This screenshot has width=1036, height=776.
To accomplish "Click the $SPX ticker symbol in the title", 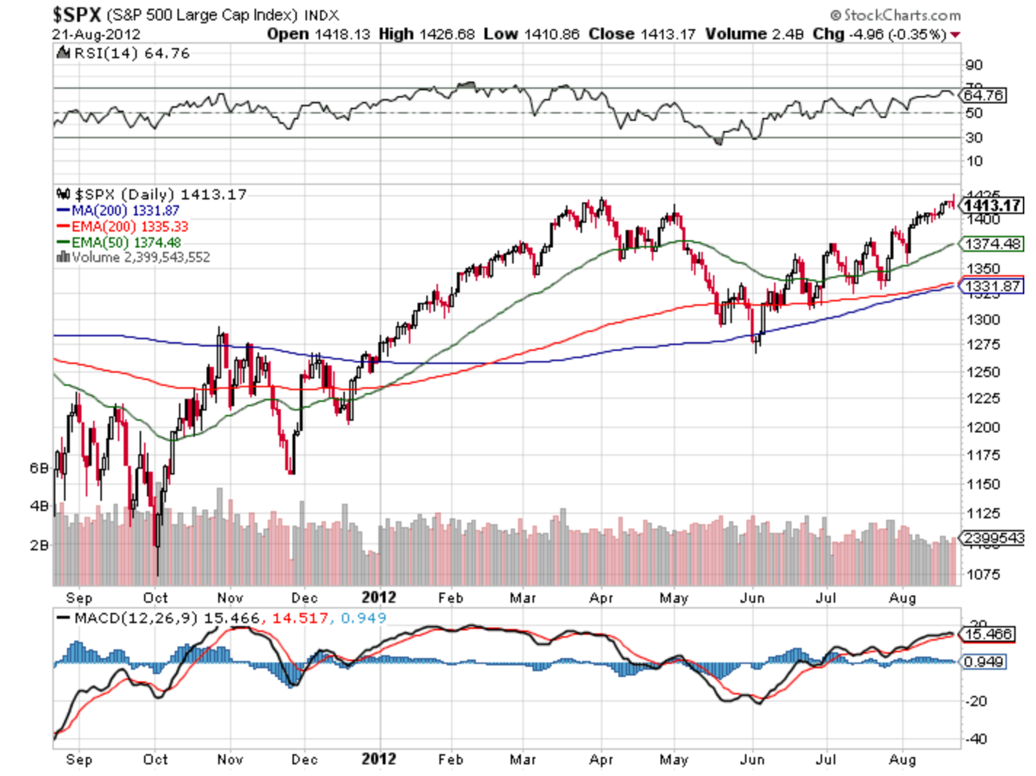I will pyautogui.click(x=76, y=15).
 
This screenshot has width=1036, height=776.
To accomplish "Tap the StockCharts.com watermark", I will pyautogui.click(x=901, y=15).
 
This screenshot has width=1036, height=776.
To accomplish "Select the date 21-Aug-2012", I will pyautogui.click(x=96, y=34).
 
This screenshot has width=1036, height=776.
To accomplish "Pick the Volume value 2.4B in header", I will pyautogui.click(x=787, y=34).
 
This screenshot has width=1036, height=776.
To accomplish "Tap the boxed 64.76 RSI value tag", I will pyautogui.click(x=983, y=95).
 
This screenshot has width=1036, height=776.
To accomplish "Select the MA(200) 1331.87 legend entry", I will pyautogui.click(x=125, y=210).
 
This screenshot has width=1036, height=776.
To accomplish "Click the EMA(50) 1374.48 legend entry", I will pyautogui.click(x=125, y=242).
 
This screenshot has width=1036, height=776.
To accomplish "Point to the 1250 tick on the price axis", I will pyautogui.click(x=982, y=372).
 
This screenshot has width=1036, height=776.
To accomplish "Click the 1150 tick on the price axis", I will pyautogui.click(x=982, y=484).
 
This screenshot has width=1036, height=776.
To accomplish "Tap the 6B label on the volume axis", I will pyautogui.click(x=39, y=468).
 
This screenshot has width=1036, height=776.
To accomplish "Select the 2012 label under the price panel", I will pyautogui.click(x=379, y=598).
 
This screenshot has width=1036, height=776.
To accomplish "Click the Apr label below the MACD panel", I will pyautogui.click(x=601, y=759).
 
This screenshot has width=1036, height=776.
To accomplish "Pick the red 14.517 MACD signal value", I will pyautogui.click(x=300, y=618).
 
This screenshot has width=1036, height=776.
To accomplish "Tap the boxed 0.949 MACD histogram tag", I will pyautogui.click(x=983, y=662).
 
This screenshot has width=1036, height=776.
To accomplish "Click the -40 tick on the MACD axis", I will pyautogui.click(x=976, y=739).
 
